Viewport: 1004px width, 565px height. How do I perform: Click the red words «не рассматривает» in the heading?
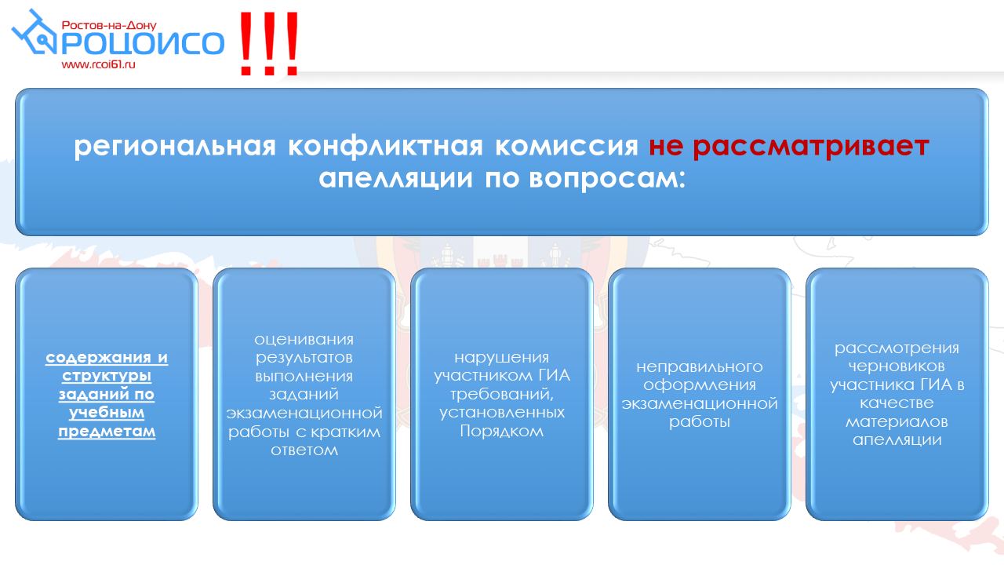click(x=789, y=147)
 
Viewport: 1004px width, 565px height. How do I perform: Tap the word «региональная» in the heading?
click(x=175, y=147)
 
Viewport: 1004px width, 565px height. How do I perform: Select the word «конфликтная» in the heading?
click(x=385, y=146)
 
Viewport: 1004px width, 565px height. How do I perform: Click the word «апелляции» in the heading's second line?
click(x=396, y=178)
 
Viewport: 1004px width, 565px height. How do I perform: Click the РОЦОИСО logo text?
click(x=142, y=43)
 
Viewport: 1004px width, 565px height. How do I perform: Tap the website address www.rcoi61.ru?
click(x=99, y=64)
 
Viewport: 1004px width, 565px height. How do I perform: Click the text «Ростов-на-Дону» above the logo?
click(x=109, y=25)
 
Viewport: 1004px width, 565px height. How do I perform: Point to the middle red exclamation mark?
click(x=269, y=43)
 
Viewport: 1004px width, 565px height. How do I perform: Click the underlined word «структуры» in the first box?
click(x=107, y=376)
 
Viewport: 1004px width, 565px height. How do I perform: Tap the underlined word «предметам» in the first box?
click(x=107, y=432)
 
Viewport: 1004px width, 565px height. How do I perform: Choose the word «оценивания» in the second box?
click(x=304, y=340)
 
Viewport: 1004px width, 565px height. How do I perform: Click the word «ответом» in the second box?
click(x=304, y=450)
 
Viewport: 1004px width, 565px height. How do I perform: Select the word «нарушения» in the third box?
click(x=501, y=358)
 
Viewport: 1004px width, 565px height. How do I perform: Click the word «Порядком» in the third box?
click(x=501, y=432)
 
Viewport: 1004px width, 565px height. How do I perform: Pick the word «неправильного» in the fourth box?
click(x=699, y=366)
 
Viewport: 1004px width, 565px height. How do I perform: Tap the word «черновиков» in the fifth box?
click(x=897, y=366)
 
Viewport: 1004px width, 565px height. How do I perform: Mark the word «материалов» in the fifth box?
click(x=897, y=422)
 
